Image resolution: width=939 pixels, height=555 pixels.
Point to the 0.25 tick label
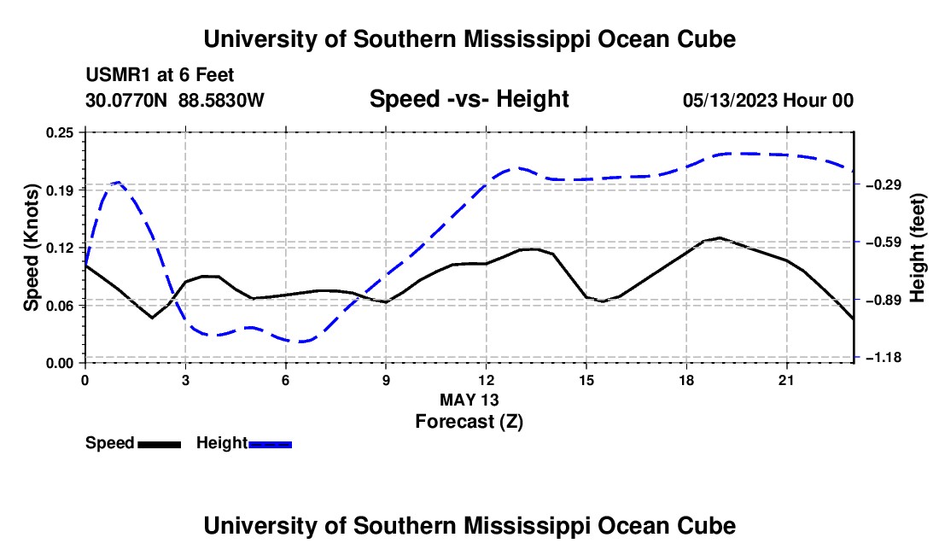pos(60,132)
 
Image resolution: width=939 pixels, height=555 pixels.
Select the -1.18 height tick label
pos(884,358)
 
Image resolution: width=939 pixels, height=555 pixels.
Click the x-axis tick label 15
pos(586,380)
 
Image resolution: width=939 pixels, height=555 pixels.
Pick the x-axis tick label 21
pos(786,380)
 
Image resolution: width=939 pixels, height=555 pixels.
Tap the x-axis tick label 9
pos(386,380)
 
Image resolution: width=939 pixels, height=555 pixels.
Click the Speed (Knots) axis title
pos(31,248)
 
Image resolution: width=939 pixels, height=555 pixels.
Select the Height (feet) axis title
pos(917,248)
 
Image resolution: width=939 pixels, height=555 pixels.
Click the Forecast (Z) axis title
pos(469,422)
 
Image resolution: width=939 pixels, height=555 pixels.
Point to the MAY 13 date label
pos(469,400)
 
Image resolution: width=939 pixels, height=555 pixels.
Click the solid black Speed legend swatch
pos(160,444)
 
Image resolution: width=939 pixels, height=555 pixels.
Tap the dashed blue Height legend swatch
pos(270,444)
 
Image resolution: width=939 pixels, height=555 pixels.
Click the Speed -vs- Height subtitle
pos(469,99)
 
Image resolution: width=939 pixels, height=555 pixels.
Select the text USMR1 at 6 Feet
pos(160,75)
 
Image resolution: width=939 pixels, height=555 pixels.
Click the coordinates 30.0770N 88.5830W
pos(175,100)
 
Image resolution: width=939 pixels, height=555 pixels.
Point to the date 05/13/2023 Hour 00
pos(768,100)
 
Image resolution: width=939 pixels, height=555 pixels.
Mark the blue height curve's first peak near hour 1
pos(118,181)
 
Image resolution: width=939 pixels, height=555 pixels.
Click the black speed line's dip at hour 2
pos(152,318)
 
